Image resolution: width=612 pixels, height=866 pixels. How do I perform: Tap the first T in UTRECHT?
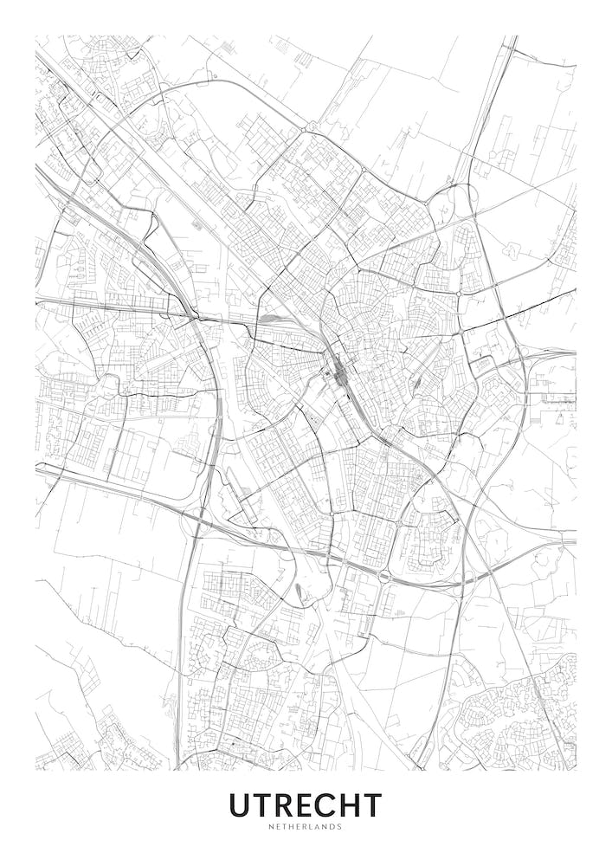click(263, 805)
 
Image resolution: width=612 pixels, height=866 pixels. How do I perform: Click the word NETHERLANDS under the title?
click(306, 826)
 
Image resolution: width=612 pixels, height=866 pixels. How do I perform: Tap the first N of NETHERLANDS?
click(272, 826)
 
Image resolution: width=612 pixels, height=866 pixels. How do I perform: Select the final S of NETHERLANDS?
click(339, 826)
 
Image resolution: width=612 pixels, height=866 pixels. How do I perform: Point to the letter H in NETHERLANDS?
click(293, 826)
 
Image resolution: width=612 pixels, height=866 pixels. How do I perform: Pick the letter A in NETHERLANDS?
click(319, 826)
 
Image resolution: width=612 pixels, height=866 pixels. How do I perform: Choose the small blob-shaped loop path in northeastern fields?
click(512, 250)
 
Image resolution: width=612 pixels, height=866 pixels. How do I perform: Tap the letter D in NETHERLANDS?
click(332, 826)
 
